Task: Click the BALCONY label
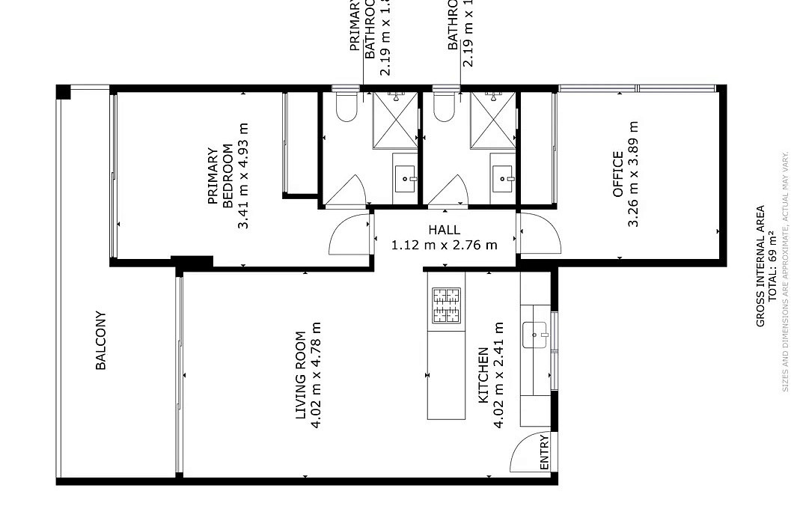101,341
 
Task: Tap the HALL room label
445,230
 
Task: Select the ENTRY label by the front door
544,452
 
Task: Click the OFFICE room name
618,174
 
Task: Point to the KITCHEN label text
483,373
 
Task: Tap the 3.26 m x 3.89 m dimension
634,174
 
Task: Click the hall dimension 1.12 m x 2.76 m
445,245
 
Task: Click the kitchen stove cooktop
445,305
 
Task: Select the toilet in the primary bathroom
346,106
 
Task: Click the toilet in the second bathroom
445,106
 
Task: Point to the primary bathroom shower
394,120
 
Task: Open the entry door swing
528,453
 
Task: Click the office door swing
539,233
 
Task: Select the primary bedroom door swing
350,234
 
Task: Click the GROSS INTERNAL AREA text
760,266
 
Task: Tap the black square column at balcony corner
64,92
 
